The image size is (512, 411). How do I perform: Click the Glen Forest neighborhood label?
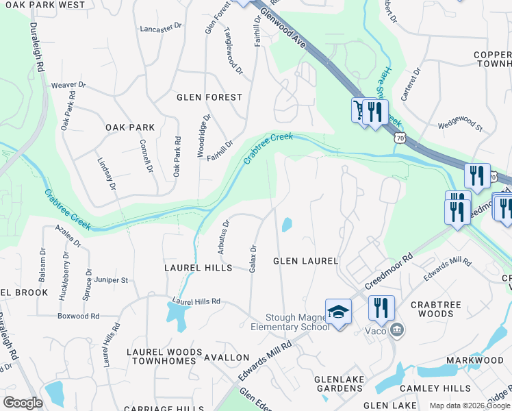(209, 97)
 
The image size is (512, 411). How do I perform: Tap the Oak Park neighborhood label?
(130, 127)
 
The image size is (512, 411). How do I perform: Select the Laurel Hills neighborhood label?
(198, 268)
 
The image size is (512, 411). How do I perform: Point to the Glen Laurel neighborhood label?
(306, 261)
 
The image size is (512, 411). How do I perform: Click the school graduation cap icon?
(338, 312)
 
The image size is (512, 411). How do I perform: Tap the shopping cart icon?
(359, 110)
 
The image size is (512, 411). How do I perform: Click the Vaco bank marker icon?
(396, 331)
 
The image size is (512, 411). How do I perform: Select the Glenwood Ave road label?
(283, 32)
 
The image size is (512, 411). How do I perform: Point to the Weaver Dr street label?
(68, 86)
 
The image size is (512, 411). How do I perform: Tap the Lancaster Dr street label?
(161, 29)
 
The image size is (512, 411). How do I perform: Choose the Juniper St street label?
(112, 280)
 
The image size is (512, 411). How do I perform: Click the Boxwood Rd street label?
(79, 316)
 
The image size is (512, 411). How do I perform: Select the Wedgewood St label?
(461, 127)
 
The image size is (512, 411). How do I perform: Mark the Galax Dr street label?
(253, 258)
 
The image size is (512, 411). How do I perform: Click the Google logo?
(23, 403)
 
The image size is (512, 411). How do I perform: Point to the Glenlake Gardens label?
(338, 384)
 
